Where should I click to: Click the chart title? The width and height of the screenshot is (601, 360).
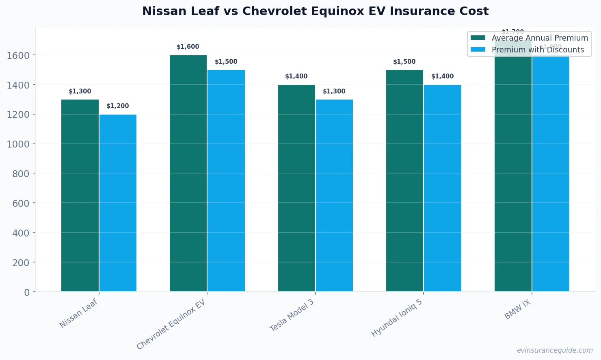(315, 11)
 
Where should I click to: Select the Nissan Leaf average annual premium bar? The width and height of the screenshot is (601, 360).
(80, 195)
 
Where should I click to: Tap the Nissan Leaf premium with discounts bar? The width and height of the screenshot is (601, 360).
(118, 203)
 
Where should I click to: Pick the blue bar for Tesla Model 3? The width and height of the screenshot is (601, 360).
(334, 195)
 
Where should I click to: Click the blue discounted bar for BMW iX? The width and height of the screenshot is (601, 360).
(551, 175)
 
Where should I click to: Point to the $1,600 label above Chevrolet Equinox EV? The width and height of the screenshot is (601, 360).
(188, 47)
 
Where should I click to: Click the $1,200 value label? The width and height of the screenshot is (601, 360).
(118, 106)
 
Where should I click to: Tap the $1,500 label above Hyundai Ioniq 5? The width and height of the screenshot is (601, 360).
(404, 62)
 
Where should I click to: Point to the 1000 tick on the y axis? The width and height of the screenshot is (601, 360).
(18, 144)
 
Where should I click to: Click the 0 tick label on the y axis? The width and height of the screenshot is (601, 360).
(27, 292)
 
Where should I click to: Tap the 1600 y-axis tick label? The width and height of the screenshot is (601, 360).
(18, 55)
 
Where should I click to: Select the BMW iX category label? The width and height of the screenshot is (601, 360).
(518, 310)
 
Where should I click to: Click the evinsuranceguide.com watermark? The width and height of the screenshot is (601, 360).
(555, 350)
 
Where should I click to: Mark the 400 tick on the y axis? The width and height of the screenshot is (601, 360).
(21, 233)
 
